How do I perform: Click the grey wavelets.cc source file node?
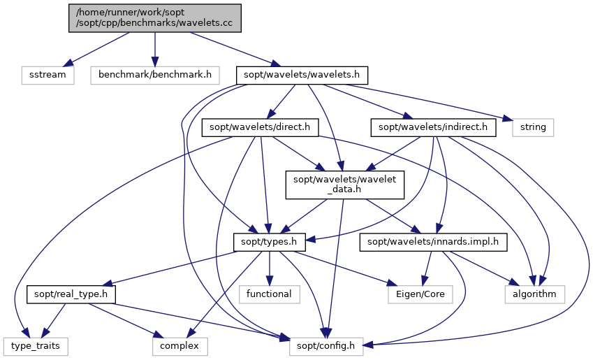154,18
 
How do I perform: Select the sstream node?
47,75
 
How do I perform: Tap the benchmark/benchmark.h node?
154,75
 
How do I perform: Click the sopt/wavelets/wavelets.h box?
302,75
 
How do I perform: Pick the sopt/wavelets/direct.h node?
261,127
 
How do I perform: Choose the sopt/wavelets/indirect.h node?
433,127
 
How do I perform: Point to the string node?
533,127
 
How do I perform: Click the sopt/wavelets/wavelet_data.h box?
345,185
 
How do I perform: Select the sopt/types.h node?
270,243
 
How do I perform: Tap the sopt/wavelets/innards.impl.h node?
433,243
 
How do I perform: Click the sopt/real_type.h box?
71,294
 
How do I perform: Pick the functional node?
270,294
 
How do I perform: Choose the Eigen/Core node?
420,294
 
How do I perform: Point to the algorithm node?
535,294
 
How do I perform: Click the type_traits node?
36,347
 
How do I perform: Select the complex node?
180,347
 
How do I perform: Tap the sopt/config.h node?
326,347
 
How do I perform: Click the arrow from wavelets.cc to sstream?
98,49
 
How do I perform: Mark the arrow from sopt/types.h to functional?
270,268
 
